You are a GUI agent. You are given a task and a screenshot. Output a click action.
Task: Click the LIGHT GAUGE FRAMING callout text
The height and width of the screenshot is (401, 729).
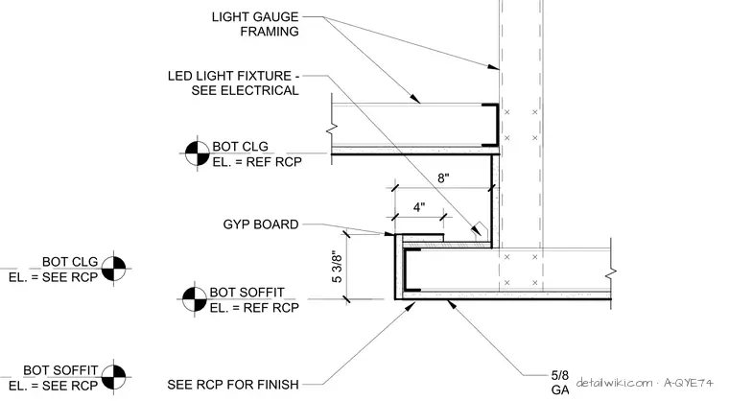(255, 24)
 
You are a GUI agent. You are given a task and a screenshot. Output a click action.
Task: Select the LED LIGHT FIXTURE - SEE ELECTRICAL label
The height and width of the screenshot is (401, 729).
(233, 83)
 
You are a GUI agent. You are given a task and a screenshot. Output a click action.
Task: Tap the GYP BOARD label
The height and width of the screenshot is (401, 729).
(261, 224)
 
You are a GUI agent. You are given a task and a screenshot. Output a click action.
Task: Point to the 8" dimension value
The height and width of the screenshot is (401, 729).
(443, 178)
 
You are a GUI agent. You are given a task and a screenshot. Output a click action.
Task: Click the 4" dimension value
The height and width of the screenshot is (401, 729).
(419, 207)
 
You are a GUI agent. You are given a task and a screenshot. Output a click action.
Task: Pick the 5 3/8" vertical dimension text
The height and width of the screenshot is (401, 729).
(337, 268)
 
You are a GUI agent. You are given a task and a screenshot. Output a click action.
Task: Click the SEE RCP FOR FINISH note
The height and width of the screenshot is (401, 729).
(233, 385)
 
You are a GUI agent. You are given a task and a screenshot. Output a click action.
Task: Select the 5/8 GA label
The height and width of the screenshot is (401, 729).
(560, 383)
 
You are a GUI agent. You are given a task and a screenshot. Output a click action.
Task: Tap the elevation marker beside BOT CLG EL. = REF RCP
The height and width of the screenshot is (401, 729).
(198, 153)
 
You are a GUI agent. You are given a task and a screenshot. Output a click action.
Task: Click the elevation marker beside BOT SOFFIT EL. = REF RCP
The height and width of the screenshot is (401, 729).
(194, 299)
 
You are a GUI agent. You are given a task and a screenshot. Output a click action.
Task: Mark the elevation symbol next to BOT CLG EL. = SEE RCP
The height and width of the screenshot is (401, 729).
(113, 268)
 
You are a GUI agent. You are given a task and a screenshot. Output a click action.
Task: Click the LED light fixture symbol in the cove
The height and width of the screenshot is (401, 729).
(480, 230)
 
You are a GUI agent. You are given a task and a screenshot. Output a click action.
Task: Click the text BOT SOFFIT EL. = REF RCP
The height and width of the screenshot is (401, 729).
(254, 300)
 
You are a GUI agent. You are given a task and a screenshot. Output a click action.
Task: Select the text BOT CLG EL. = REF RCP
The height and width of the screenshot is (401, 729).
(257, 154)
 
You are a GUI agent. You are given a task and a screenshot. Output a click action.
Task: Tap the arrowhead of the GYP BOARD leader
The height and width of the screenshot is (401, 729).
(389, 233)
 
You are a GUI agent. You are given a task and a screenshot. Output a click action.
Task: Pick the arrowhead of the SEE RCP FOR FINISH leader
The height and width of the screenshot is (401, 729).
(411, 306)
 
